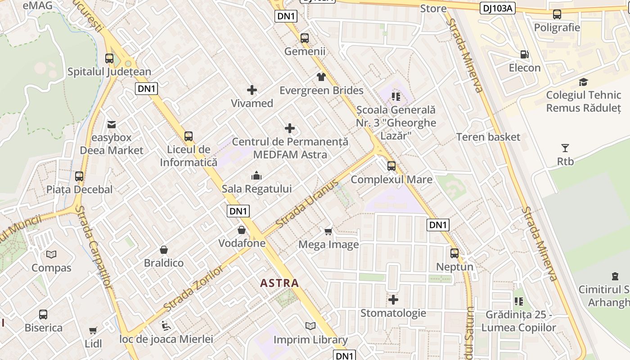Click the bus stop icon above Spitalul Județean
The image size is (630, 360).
(109, 58)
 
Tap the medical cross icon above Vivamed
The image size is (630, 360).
(252, 90)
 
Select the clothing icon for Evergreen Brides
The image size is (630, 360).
(321, 77)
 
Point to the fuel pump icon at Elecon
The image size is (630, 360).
(524, 54)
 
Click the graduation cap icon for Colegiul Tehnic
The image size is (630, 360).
(583, 82)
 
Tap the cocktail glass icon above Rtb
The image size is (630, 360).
(565, 148)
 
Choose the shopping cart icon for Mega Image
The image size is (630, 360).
(328, 231)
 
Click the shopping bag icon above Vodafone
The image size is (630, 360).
(242, 230)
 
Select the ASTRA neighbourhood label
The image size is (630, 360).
(279, 283)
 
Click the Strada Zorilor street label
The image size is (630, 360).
(193, 289)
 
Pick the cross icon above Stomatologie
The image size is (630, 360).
(393, 299)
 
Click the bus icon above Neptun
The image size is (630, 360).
(454, 253)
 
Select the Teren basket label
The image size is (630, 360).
(488, 137)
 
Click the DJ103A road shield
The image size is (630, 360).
(498, 8)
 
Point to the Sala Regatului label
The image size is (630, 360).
(256, 189)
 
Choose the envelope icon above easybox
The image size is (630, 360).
(111, 124)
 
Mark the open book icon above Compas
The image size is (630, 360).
(51, 254)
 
